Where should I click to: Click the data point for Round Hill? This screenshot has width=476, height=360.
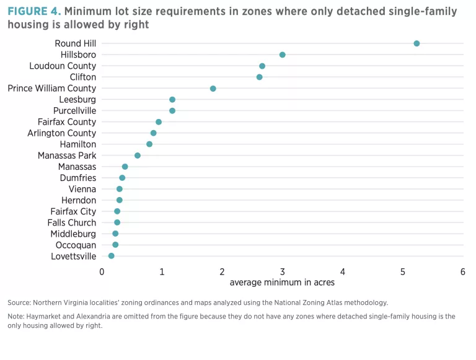click(x=416, y=43)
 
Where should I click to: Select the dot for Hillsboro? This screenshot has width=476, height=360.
click(x=283, y=55)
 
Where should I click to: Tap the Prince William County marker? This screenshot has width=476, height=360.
click(x=213, y=89)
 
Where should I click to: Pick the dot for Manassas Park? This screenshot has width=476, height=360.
click(x=138, y=156)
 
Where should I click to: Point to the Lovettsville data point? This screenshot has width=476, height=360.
click(x=112, y=256)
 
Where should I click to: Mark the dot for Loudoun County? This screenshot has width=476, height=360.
click(x=262, y=66)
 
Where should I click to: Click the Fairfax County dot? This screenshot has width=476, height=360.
click(x=159, y=122)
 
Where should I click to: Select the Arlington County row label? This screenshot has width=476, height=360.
click(x=62, y=133)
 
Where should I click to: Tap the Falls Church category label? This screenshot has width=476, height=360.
click(x=72, y=222)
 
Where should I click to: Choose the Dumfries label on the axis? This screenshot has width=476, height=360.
click(x=78, y=178)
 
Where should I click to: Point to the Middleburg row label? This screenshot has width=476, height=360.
click(x=73, y=234)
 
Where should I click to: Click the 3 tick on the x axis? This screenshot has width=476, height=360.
click(x=283, y=271)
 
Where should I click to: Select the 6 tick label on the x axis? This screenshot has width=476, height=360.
click(x=462, y=271)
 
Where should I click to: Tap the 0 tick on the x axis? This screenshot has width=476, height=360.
click(x=102, y=271)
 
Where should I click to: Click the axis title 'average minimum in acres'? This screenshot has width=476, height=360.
click(x=282, y=283)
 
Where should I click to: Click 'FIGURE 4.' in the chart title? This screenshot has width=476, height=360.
click(x=34, y=11)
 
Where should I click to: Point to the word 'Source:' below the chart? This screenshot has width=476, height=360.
click(x=20, y=302)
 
